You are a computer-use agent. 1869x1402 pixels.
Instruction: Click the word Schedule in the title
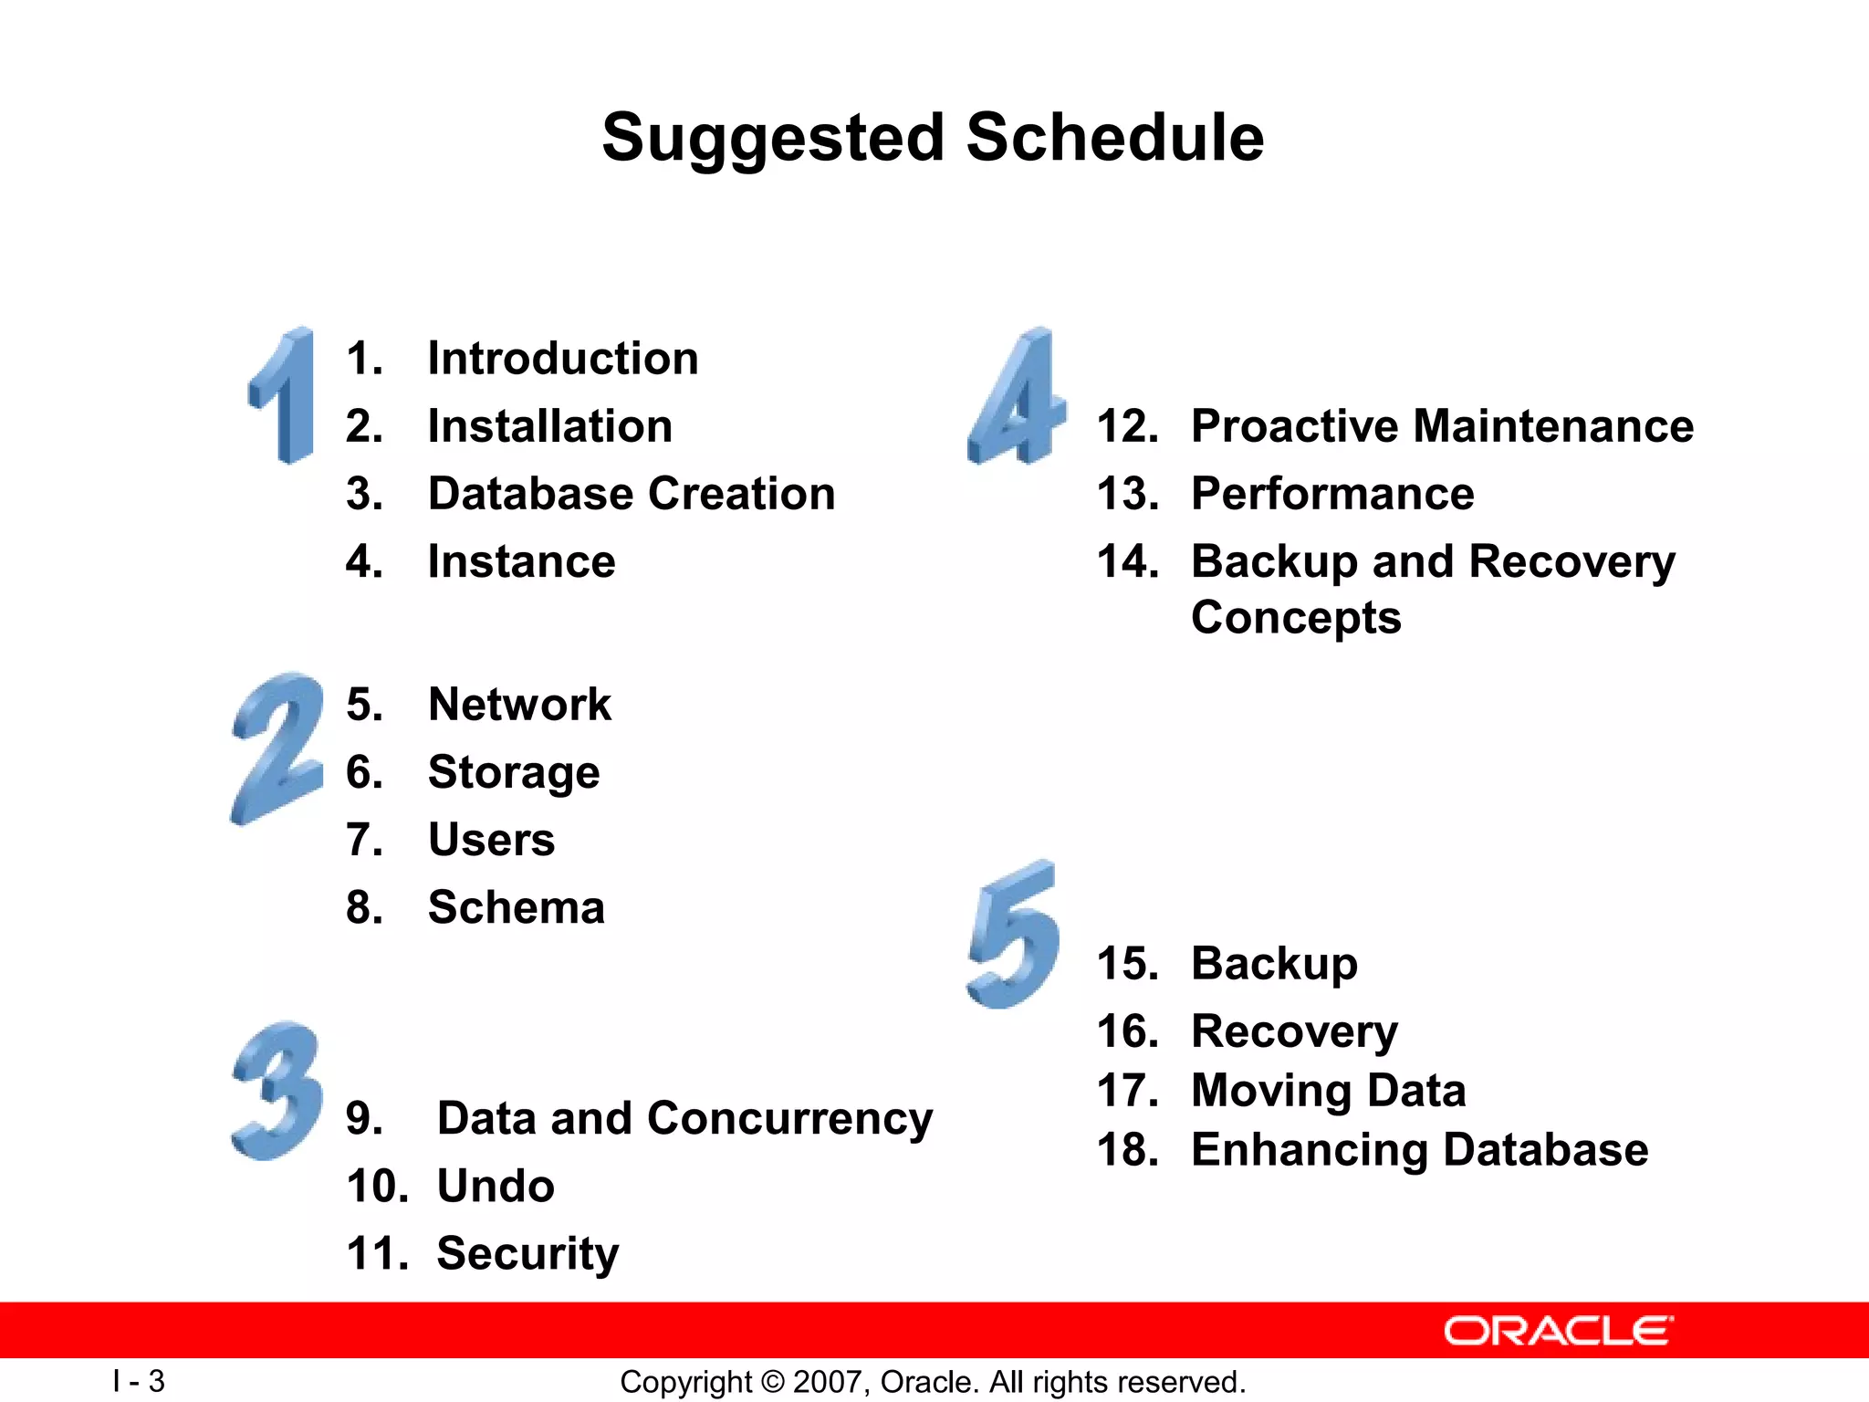pyautogui.click(x=1114, y=138)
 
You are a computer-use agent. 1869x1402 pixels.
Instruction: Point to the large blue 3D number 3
pyautogui.click(x=277, y=1091)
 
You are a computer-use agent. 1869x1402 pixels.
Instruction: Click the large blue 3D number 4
pyautogui.click(x=1016, y=397)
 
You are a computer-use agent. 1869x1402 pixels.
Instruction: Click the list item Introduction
pyautogui.click(x=562, y=358)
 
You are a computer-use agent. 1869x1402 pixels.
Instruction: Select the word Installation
pyautogui.click(x=549, y=426)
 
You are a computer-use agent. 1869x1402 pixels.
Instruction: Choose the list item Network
pyautogui.click(x=519, y=705)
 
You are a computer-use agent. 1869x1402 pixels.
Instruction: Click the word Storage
pyautogui.click(x=514, y=773)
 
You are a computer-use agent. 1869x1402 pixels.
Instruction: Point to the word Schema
pyautogui.click(x=516, y=907)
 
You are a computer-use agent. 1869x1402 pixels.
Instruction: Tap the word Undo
pyautogui.click(x=496, y=1187)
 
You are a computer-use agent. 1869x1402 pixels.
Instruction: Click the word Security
pyautogui.click(x=527, y=1254)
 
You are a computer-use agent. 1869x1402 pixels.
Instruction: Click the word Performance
pyautogui.click(x=1331, y=494)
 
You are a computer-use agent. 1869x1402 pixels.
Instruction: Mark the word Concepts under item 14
pyautogui.click(x=1295, y=618)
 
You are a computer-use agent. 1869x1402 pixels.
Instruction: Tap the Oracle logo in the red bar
pyautogui.click(x=1558, y=1331)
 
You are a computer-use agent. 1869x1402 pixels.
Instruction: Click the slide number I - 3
pyautogui.click(x=139, y=1381)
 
